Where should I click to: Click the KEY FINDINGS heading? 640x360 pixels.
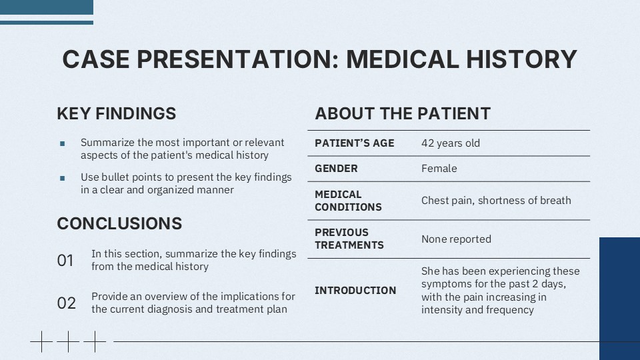click(117, 113)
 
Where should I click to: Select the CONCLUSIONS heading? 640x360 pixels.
click(119, 223)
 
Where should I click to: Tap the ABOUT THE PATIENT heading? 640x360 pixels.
click(403, 113)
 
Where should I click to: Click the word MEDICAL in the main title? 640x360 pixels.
click(399, 59)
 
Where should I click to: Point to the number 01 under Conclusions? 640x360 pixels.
click(65, 261)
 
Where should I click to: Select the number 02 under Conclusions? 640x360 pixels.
click(66, 303)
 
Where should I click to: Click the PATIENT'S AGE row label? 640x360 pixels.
click(354, 143)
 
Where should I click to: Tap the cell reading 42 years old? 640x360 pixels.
click(450, 143)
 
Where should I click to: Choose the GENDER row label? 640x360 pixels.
click(336, 169)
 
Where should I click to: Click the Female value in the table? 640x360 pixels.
click(439, 169)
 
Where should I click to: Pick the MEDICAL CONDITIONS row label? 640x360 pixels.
click(348, 201)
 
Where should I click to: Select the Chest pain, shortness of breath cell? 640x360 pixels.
click(496, 200)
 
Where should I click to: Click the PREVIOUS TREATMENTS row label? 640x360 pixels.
click(349, 239)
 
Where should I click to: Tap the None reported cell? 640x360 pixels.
click(456, 239)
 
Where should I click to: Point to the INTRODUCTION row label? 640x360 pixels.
click(355, 290)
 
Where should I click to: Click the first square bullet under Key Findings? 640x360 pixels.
click(63, 143)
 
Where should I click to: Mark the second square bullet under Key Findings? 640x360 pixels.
click(63, 178)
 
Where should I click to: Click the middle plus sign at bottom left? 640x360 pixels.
click(67, 341)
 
